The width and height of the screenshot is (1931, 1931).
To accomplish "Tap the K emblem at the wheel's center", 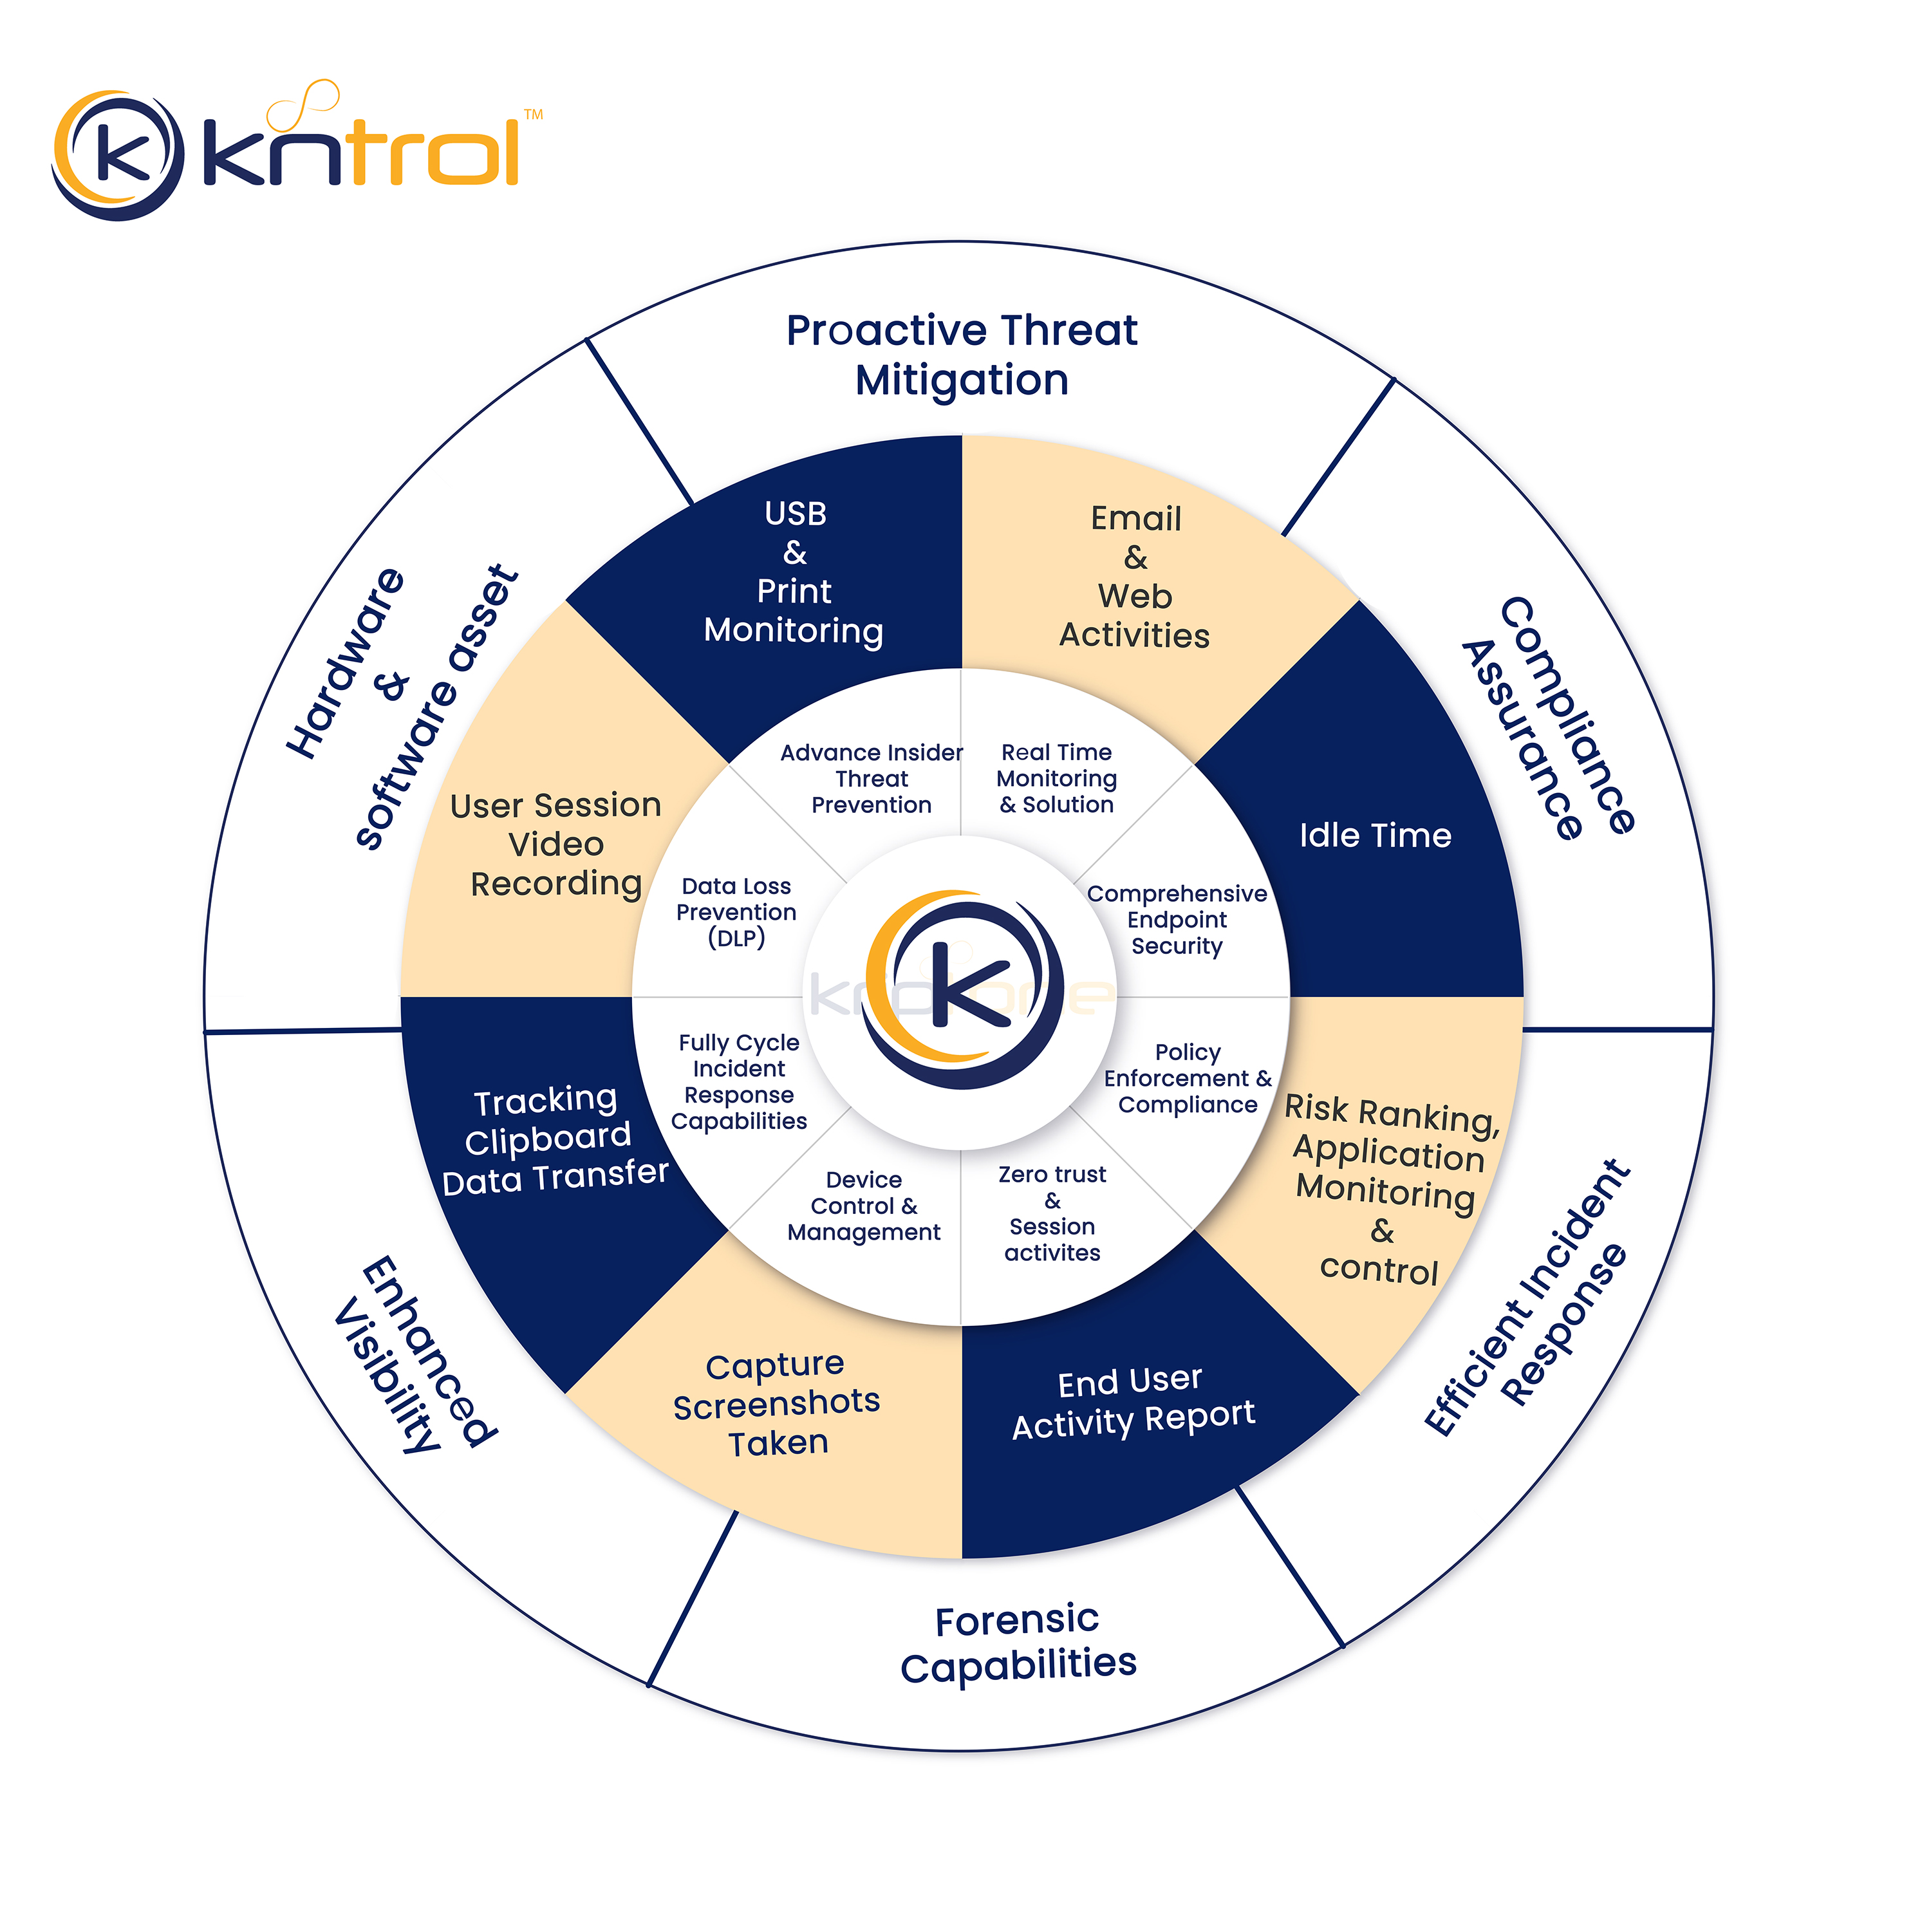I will (x=962, y=989).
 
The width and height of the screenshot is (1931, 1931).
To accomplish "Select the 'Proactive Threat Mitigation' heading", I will (x=962, y=355).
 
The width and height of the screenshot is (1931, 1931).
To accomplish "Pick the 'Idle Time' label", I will (x=1374, y=835).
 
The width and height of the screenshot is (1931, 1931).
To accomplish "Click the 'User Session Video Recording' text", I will (x=555, y=844).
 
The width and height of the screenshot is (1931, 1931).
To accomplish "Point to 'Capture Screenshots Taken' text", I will (x=777, y=1404).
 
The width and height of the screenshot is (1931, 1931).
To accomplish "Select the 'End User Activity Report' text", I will (x=1132, y=1403).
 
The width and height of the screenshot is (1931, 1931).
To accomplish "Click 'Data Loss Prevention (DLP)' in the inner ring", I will (x=736, y=911).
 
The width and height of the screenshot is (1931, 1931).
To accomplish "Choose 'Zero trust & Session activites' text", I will (x=1052, y=1213).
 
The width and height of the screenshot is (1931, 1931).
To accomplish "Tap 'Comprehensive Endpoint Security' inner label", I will (x=1177, y=920).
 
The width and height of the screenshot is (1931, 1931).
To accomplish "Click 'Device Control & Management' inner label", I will (x=864, y=1206).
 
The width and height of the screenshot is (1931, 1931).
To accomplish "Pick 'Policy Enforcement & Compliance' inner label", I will (x=1188, y=1078).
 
